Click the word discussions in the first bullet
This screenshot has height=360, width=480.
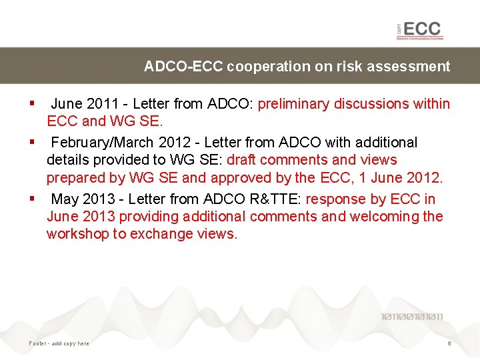coord(374,104)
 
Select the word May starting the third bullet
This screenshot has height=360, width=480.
coord(65,199)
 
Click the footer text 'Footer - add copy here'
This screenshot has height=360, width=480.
coord(59,343)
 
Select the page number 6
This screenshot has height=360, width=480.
coord(449,343)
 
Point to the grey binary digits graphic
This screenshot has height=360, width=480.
coord(412,317)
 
